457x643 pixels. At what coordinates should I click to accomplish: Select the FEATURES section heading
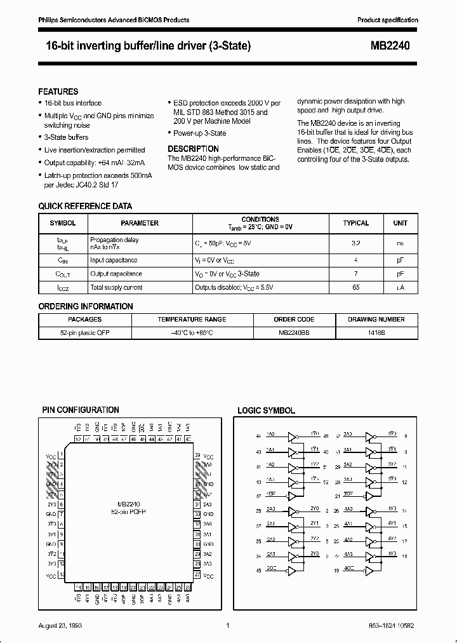[58, 91]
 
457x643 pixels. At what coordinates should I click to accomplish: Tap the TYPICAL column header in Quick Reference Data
[355, 223]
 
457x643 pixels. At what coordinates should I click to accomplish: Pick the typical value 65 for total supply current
[355, 287]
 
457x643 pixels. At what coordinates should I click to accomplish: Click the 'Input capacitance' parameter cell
[114, 260]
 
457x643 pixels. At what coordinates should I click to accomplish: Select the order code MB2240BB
[294, 332]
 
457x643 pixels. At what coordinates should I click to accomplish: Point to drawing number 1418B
[377, 332]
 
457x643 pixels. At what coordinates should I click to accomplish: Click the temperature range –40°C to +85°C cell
[192, 332]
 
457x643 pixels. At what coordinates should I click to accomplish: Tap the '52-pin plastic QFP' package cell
[84, 332]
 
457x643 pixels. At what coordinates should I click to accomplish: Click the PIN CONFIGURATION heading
[81, 410]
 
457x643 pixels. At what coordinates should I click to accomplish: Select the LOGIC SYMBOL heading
[266, 411]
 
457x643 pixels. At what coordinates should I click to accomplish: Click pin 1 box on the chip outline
[60, 456]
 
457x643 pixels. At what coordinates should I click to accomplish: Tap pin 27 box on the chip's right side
[197, 574]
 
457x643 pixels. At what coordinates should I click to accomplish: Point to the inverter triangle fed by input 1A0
[292, 437]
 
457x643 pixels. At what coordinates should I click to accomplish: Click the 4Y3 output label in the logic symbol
[392, 554]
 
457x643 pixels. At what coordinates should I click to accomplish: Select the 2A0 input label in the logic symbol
[270, 509]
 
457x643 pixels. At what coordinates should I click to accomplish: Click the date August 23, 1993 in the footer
[60, 626]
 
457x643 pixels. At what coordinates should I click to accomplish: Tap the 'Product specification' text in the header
[388, 20]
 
